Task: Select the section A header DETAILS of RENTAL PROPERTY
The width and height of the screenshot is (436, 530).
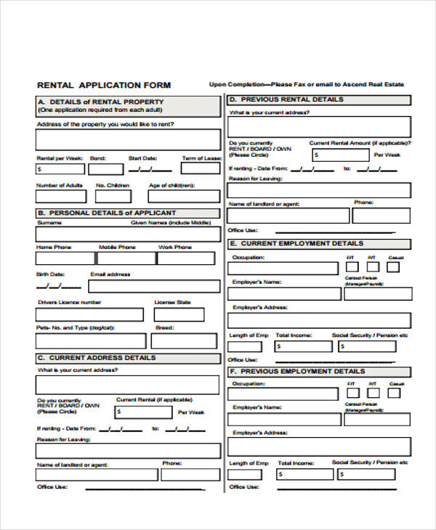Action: coord(101,102)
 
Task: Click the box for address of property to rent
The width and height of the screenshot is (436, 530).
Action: coord(128,139)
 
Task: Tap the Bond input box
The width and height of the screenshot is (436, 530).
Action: coord(106,169)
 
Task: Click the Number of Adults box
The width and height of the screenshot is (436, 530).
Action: coord(60,196)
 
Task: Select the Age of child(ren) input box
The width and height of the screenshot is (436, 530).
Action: coord(183,196)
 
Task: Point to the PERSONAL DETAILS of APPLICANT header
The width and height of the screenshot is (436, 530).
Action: coord(107,213)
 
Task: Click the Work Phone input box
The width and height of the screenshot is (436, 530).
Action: coord(186,258)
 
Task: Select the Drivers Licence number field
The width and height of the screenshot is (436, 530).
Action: coord(89,314)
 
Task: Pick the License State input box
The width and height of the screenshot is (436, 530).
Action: coord(186,314)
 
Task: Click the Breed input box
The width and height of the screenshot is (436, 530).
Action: coord(186,341)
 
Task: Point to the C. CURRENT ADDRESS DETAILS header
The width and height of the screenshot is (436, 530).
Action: coord(97,358)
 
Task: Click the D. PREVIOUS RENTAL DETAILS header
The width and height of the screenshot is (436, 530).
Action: coord(287,99)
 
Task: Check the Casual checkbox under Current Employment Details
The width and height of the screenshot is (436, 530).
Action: coord(393,268)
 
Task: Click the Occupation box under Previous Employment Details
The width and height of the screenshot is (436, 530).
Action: coord(283,394)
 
